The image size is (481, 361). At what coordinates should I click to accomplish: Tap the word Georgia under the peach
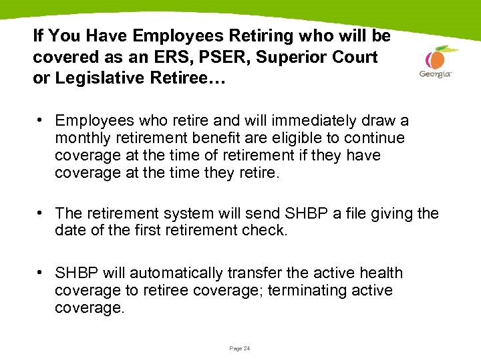point(436,74)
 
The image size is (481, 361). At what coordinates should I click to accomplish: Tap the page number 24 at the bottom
point(240,348)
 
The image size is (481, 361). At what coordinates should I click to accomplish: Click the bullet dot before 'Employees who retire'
point(41,120)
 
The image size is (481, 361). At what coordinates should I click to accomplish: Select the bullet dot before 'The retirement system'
point(41,213)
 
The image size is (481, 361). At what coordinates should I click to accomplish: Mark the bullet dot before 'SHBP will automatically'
point(41,273)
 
